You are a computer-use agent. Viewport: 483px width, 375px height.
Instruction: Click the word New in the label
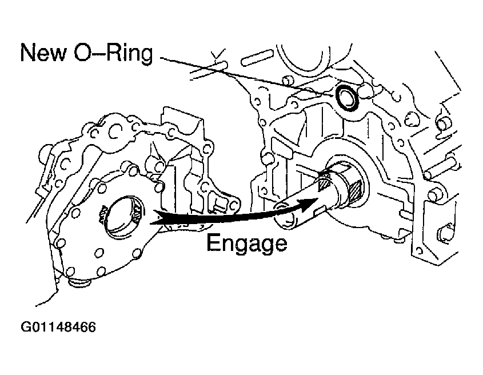pos(48,53)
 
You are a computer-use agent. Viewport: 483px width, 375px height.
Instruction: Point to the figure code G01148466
pos(58,328)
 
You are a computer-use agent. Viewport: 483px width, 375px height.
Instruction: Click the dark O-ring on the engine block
pos(347,98)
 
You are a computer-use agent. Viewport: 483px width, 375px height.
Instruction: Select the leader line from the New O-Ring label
pos(240,72)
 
